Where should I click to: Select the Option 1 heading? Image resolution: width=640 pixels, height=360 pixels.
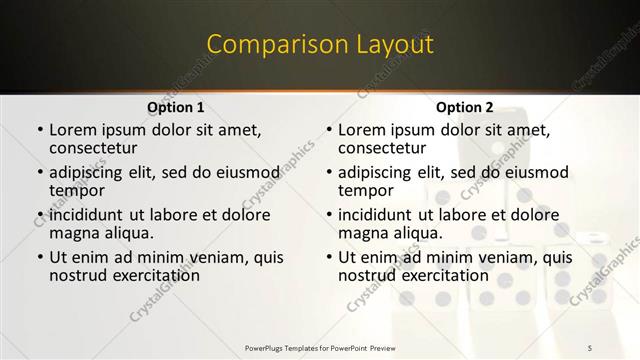(176, 107)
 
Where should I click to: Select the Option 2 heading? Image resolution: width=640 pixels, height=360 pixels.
(464, 107)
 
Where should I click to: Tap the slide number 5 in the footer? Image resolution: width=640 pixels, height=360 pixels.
(590, 347)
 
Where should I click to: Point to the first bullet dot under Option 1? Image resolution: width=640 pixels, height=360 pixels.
(39, 131)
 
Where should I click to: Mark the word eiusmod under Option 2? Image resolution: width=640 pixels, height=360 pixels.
(533, 173)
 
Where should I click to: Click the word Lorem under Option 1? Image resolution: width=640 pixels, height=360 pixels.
(72, 130)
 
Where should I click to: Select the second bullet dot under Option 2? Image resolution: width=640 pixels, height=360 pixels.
(328, 173)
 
